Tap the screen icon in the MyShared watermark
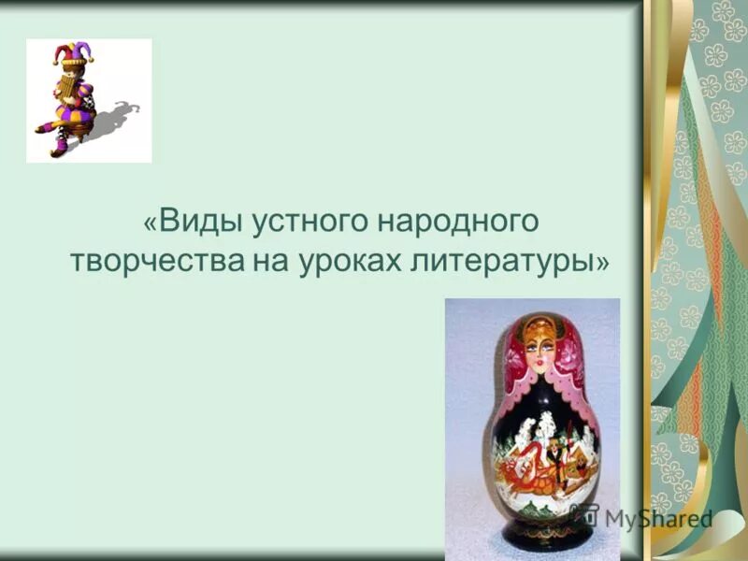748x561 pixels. [586, 513]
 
